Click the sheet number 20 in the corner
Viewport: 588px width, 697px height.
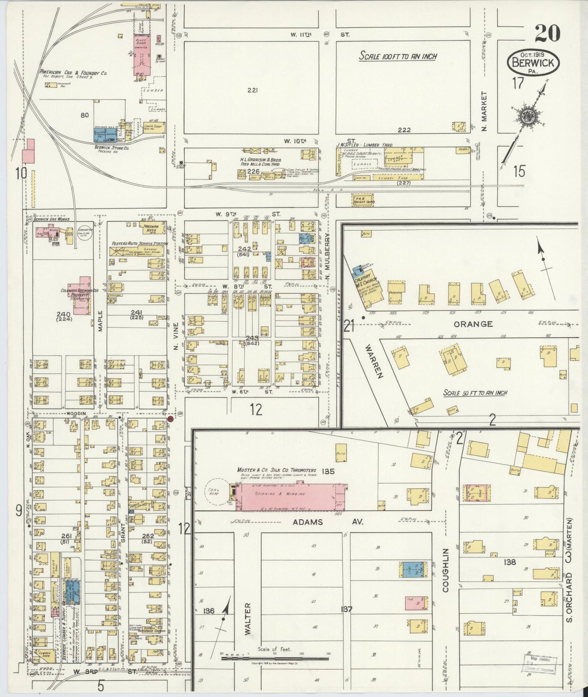pos(547,34)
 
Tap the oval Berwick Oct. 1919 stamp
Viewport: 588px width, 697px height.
pos(533,63)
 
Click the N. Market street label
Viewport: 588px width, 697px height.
pos(484,111)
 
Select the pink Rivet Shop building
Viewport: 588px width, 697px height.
pos(142,55)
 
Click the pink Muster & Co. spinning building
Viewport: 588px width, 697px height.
pos(291,496)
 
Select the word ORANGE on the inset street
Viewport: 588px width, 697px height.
pos(473,324)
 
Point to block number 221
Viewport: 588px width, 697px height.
pos(252,90)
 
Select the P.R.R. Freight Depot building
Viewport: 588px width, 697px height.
pos(363,200)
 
